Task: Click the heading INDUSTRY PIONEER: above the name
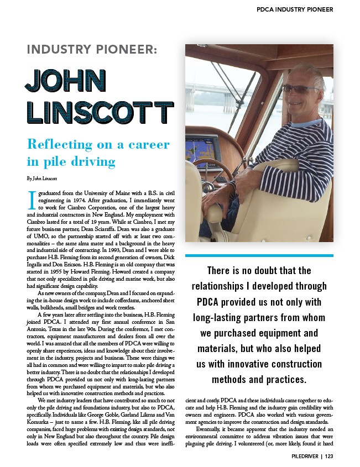92,50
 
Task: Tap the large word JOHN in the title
65,82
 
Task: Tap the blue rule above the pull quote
259,255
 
